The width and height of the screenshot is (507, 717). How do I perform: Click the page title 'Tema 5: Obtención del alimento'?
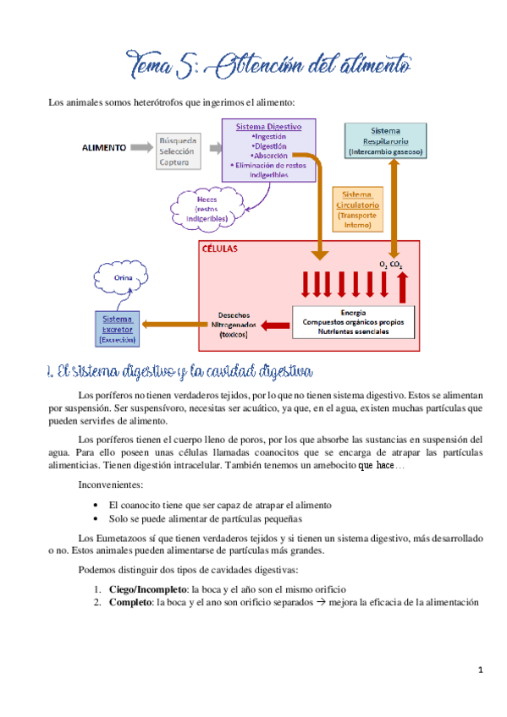pyautogui.click(x=268, y=64)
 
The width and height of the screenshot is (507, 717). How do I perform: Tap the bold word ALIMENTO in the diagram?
pyautogui.click(x=104, y=146)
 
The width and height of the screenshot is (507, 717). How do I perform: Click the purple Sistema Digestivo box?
pyautogui.click(x=269, y=150)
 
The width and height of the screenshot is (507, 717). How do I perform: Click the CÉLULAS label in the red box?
pyautogui.click(x=219, y=250)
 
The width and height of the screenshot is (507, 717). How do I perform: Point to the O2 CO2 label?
pyautogui.click(x=390, y=265)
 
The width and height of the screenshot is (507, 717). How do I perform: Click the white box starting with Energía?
pyautogui.click(x=353, y=322)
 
